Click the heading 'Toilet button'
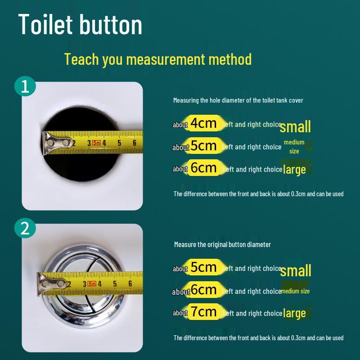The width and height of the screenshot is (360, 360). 81,25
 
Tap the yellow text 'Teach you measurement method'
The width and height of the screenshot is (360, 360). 157,59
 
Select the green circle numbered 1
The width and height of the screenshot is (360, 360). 25,86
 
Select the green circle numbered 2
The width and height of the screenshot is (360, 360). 25,229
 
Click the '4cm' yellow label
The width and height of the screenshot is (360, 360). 204,123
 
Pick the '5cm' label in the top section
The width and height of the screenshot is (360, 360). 204,146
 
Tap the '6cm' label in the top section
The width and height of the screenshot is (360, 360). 204,168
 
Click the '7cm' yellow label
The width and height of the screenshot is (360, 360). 204,312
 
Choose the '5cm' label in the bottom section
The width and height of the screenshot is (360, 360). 204,267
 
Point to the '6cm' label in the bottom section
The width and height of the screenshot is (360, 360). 204,290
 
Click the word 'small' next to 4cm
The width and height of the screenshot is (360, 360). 295,126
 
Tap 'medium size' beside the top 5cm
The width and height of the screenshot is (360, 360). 294,147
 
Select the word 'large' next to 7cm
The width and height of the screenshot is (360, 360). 294,313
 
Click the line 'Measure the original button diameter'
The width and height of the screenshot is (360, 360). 222,244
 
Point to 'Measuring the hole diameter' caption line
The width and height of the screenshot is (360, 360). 238,100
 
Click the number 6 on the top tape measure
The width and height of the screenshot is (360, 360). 134,143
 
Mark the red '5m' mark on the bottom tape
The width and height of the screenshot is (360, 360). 92,283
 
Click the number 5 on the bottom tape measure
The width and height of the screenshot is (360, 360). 115,283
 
